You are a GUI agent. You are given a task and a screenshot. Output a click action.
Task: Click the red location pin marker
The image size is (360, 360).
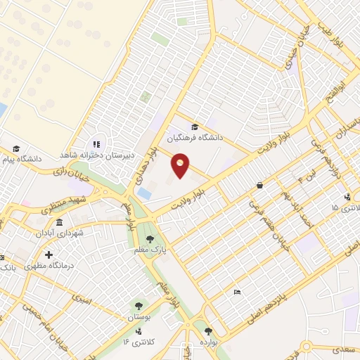click(181, 165)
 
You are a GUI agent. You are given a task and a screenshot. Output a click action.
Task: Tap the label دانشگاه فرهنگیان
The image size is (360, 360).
click(195, 139)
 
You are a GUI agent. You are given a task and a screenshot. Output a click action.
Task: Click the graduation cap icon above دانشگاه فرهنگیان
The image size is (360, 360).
click(195, 127)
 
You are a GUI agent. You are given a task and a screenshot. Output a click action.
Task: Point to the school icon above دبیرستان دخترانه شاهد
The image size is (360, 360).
click(98, 144)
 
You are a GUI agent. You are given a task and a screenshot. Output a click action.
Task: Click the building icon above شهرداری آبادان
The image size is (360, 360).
click(59, 222)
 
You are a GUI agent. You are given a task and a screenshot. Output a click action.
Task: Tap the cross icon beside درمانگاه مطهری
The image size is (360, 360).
click(49, 255)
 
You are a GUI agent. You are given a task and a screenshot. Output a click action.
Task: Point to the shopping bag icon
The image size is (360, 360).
click(260, 186)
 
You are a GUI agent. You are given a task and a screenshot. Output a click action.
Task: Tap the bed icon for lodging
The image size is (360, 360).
click(237, 292)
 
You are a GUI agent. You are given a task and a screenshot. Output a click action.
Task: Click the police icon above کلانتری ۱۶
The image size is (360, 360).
click(139, 330)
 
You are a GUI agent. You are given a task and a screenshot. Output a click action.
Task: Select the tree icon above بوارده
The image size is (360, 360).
click(207, 330)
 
